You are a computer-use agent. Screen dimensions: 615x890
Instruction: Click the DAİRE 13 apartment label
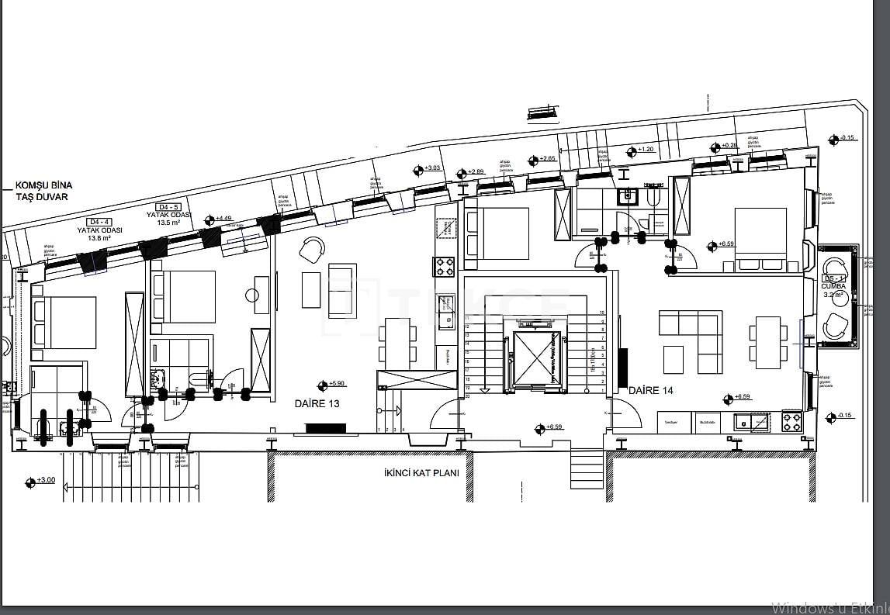coord(317,404)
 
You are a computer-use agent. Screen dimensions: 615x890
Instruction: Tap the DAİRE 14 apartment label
coord(650,391)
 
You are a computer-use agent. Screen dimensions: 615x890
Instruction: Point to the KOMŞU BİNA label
coord(44,185)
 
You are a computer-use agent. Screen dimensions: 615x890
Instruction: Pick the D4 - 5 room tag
coord(168,207)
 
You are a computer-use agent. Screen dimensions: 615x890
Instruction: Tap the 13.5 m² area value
coord(168,223)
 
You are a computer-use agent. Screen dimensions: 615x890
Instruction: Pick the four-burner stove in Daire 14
coord(791,422)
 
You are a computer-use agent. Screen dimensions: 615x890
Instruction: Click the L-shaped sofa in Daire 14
coord(691,341)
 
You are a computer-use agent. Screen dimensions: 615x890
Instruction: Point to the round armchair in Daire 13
coord(311,249)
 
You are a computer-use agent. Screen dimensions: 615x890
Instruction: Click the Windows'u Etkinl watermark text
coord(829,606)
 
